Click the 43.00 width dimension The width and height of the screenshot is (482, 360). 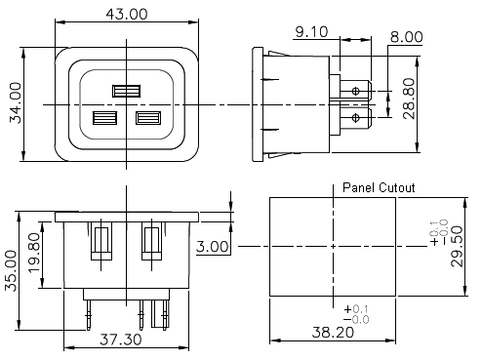pyautogui.click(x=127, y=14)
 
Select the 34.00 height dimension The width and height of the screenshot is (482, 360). pyautogui.click(x=16, y=103)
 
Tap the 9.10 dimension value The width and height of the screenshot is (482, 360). pyautogui.click(x=311, y=32)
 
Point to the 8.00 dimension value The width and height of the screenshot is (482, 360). pyautogui.click(x=407, y=37)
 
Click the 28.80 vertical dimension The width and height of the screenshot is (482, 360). pyautogui.click(x=409, y=99)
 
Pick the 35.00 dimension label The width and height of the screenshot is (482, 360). pyautogui.click(x=11, y=270)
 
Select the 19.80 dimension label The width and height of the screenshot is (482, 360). pyautogui.click(x=34, y=253)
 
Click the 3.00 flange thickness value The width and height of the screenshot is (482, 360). pyautogui.click(x=213, y=247)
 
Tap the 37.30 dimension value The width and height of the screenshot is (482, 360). pyautogui.click(x=121, y=340)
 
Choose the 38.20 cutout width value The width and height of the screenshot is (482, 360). pyautogui.click(x=333, y=333)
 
